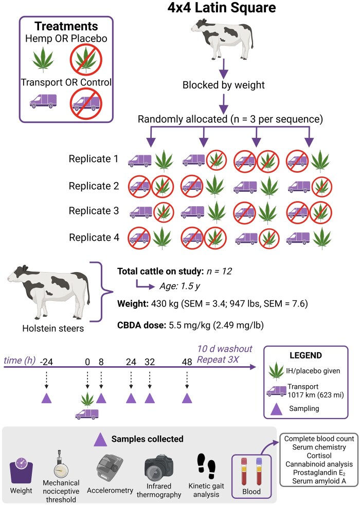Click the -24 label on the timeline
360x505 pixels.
pos(47,361)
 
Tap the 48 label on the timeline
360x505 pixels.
pos(187,361)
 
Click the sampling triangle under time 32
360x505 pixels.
pos(149,398)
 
